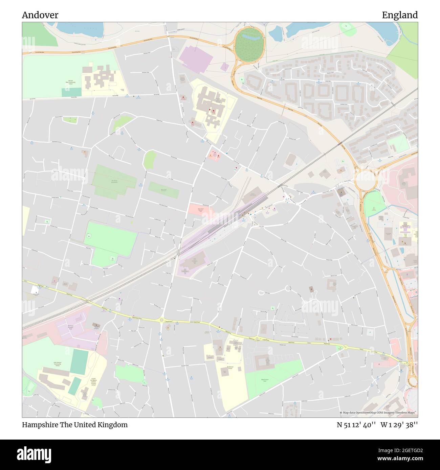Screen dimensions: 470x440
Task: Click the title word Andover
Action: pyautogui.click(x=40, y=15)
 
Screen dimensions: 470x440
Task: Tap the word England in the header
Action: pyautogui.click(x=400, y=15)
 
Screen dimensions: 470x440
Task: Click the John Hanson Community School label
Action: pyautogui.click(x=57, y=364)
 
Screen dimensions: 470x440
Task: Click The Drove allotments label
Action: pyautogui.click(x=114, y=181)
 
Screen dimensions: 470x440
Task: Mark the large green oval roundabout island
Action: pyautogui.click(x=249, y=44)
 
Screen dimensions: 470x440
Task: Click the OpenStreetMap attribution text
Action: pyautogui.click(x=378, y=413)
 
